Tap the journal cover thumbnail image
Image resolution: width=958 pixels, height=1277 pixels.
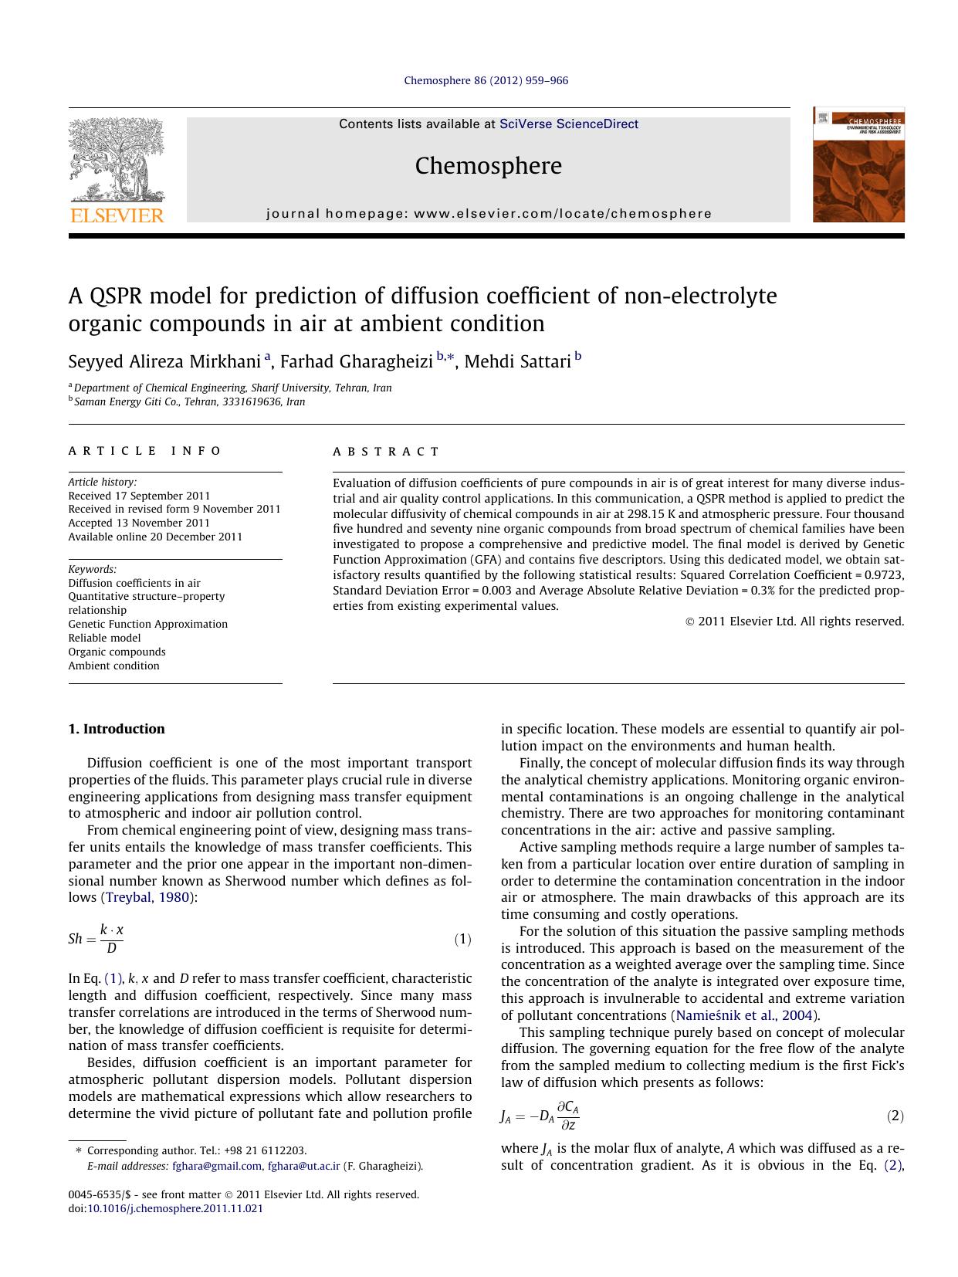pyautogui.click(x=858, y=165)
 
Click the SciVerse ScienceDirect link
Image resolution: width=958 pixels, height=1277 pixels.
pyautogui.click(x=569, y=124)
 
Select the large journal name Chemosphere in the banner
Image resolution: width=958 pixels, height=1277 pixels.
pyautogui.click(x=488, y=166)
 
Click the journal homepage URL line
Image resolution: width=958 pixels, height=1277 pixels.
pyautogui.click(x=489, y=214)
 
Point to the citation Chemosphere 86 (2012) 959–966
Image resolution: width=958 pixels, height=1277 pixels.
pyautogui.click(x=486, y=80)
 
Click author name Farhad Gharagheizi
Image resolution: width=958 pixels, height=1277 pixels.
pyautogui.click(x=356, y=361)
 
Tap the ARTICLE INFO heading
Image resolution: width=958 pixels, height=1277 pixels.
pyautogui.click(x=145, y=451)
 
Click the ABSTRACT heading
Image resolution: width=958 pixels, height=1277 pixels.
pyautogui.click(x=386, y=452)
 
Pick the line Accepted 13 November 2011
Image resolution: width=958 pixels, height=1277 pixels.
pyautogui.click(x=139, y=523)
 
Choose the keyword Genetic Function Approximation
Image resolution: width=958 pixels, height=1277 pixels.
pyautogui.click(x=147, y=624)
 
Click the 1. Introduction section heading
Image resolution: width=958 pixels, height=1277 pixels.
pyautogui.click(x=117, y=729)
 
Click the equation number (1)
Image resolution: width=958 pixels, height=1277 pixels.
pyautogui.click(x=462, y=939)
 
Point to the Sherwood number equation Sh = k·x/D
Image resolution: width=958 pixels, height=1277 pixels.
pyautogui.click(x=96, y=939)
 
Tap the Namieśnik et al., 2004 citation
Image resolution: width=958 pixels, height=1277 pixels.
pyautogui.click(x=745, y=1015)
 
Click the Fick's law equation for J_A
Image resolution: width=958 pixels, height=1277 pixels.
pyautogui.click(x=540, y=1116)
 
